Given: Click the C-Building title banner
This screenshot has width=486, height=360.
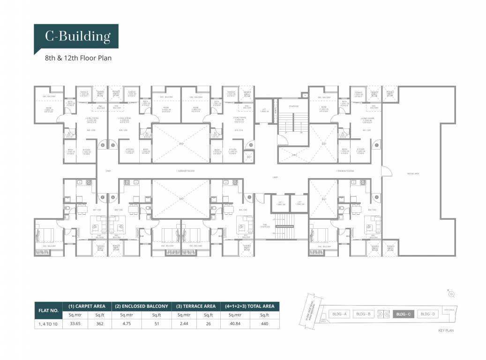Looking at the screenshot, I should pyautogui.click(x=78, y=36).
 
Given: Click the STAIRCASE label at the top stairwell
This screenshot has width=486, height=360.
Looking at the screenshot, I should pyautogui.click(x=294, y=106).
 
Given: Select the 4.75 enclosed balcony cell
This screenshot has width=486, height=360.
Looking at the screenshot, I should pyautogui.click(x=127, y=323).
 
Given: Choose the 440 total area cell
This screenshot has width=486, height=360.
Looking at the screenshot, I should pyautogui.click(x=265, y=323).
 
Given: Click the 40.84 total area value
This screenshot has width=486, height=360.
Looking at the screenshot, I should pyautogui.click(x=235, y=323).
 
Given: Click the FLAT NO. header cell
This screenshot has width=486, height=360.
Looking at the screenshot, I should pyautogui.click(x=48, y=310).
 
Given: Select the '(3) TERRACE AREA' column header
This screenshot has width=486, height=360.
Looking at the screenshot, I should pyautogui.click(x=195, y=306).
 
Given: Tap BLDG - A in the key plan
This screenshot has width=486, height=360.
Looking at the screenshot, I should pyautogui.click(x=339, y=314).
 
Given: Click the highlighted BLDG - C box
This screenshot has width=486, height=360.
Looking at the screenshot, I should pyautogui.click(x=403, y=314).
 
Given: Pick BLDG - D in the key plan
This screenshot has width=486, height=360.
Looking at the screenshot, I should pyautogui.click(x=428, y=314).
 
